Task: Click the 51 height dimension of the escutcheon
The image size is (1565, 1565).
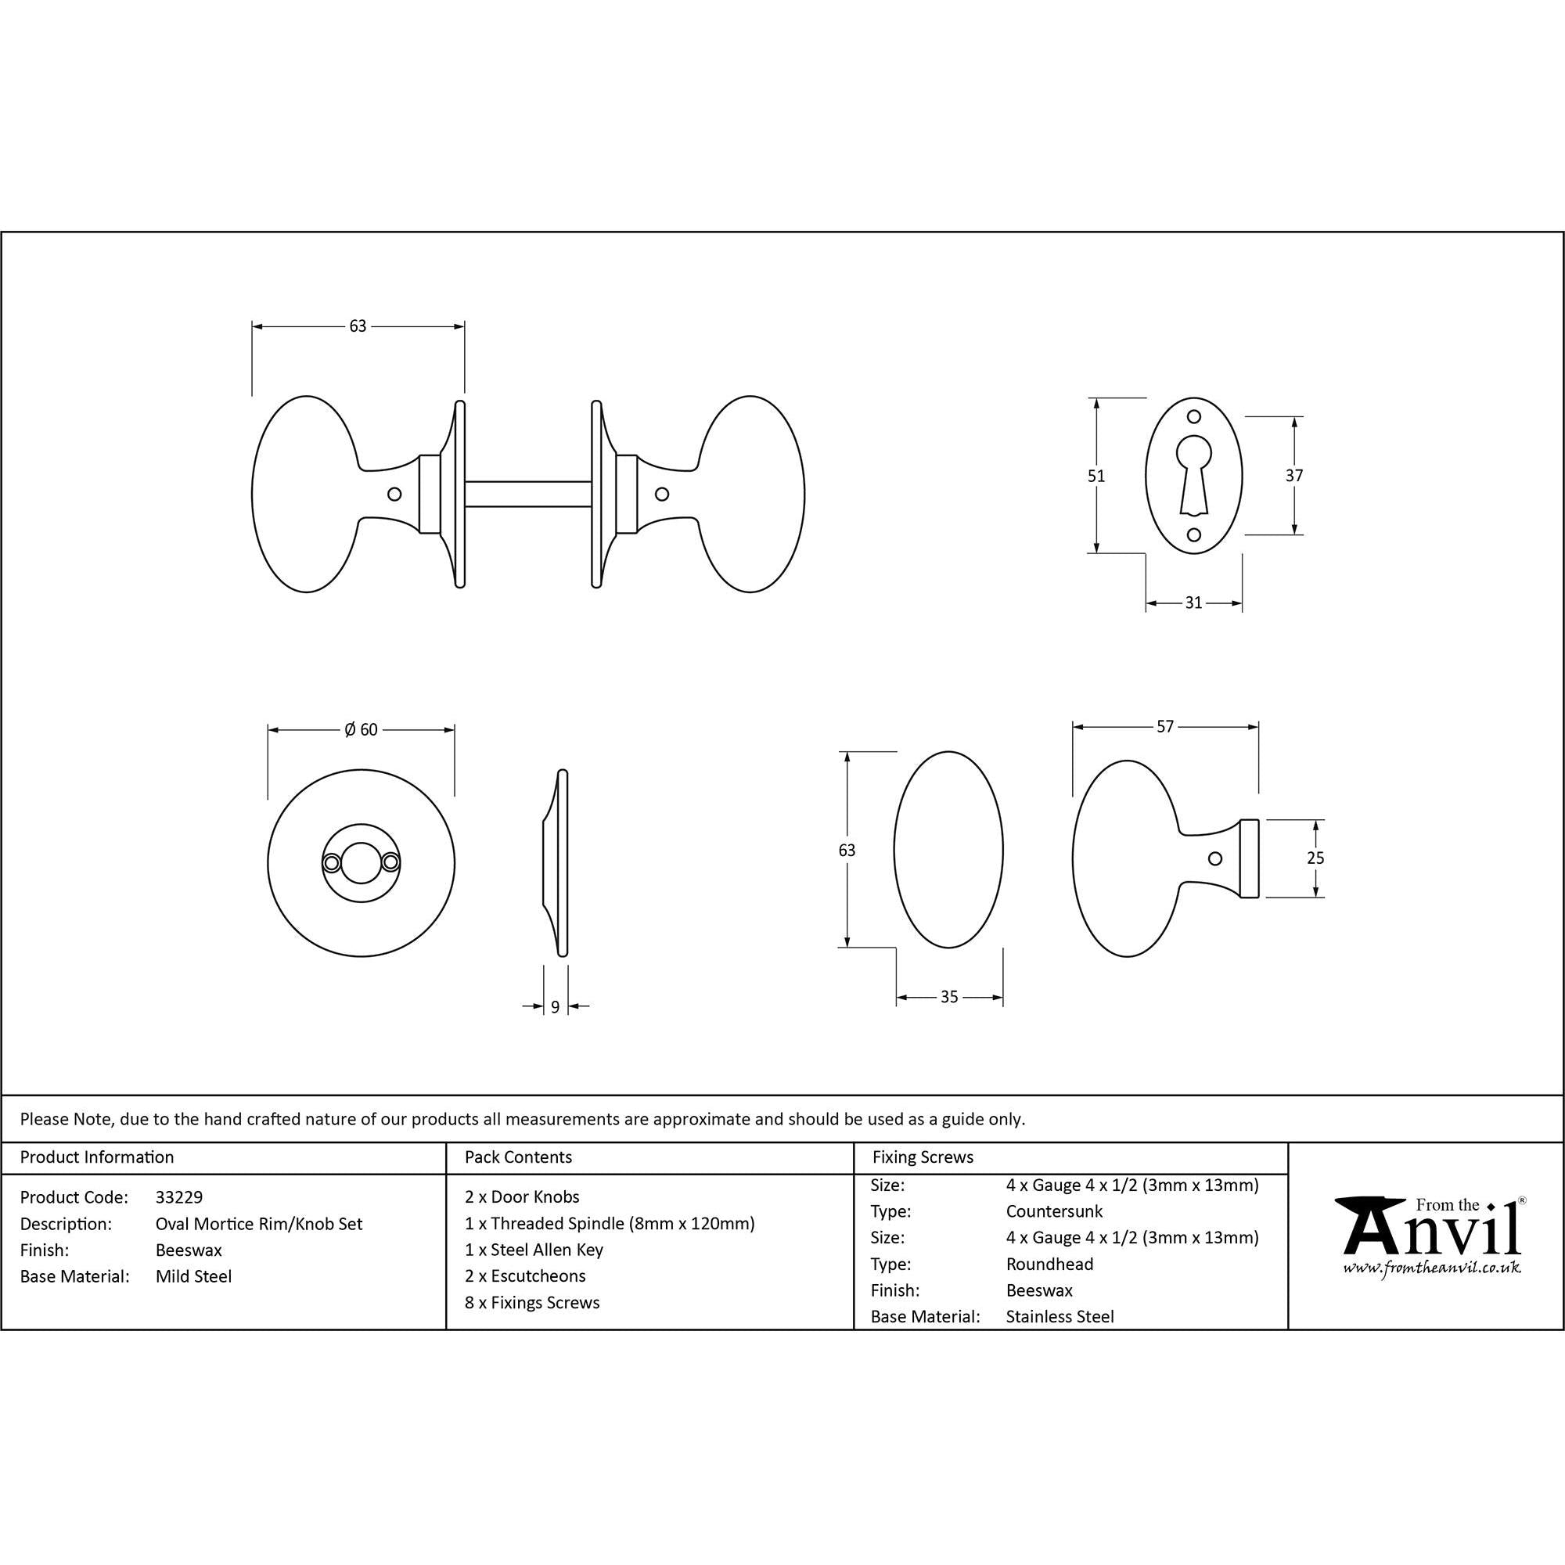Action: pyautogui.click(x=1096, y=477)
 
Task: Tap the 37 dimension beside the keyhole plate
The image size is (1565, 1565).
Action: pyautogui.click(x=1293, y=476)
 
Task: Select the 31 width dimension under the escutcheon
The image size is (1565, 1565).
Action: pyautogui.click(x=1193, y=603)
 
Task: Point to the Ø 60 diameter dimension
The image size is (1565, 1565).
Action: pyautogui.click(x=361, y=730)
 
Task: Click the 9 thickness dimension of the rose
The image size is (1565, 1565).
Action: pyautogui.click(x=555, y=1007)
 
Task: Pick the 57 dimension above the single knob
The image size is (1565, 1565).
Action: pyautogui.click(x=1165, y=727)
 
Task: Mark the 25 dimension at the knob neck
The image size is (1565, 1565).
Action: pyautogui.click(x=1315, y=858)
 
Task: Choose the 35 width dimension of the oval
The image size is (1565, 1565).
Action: pyautogui.click(x=949, y=997)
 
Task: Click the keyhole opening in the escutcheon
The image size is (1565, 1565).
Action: pyautogui.click(x=1193, y=469)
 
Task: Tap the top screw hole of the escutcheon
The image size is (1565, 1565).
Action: pyautogui.click(x=1193, y=417)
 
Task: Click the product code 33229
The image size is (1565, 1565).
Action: pyautogui.click(x=179, y=1197)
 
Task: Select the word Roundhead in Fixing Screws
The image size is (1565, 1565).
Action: pyautogui.click(x=1049, y=1265)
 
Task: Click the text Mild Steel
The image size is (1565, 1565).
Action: pyautogui.click(x=193, y=1276)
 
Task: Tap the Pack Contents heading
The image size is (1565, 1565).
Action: pyautogui.click(x=517, y=1157)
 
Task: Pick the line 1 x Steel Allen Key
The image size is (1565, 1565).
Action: pyautogui.click(x=534, y=1250)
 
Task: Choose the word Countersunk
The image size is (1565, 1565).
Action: pyautogui.click(x=1054, y=1212)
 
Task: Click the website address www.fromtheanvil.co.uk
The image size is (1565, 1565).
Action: pyautogui.click(x=1431, y=1268)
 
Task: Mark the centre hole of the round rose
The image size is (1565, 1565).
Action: pyautogui.click(x=361, y=862)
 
